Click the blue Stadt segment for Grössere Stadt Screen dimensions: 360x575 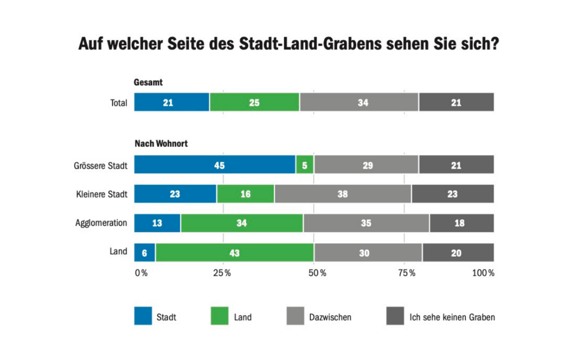214,165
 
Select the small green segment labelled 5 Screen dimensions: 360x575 305,165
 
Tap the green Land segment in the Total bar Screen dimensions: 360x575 255,102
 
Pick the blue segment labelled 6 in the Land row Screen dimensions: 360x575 145,253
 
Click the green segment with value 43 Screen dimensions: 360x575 235,253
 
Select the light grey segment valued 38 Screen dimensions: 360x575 343,194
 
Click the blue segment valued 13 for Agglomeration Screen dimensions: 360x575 157,223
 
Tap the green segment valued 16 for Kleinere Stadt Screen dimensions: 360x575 246,194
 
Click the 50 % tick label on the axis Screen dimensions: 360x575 317,273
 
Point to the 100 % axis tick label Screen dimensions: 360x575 483,273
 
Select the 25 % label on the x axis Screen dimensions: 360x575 222,273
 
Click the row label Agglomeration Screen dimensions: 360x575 101,223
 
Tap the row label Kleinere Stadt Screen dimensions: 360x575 101,194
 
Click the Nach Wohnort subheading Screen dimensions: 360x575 161,144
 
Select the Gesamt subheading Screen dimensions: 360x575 148,83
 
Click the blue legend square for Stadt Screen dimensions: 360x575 143,316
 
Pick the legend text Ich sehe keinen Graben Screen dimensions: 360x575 452,317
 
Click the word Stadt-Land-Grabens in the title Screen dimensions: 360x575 310,44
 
